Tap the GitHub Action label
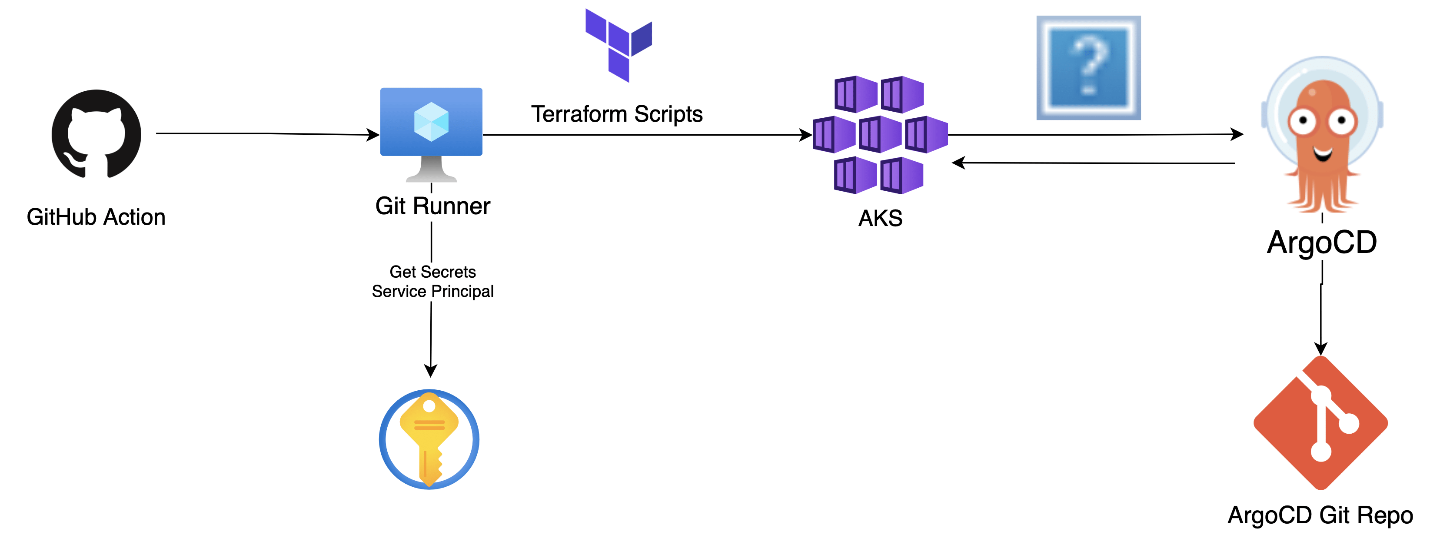(96, 217)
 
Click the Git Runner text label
(432, 206)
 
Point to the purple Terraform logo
(619, 44)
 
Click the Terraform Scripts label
(617, 114)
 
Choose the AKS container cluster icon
(880, 135)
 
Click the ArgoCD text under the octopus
(1322, 243)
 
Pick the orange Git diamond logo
(1320, 423)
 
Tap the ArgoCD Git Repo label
(1320, 515)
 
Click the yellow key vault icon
(429, 439)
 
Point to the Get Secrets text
(432, 272)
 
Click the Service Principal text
(432, 291)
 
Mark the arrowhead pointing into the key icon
(431, 370)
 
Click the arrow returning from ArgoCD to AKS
(1094, 163)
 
